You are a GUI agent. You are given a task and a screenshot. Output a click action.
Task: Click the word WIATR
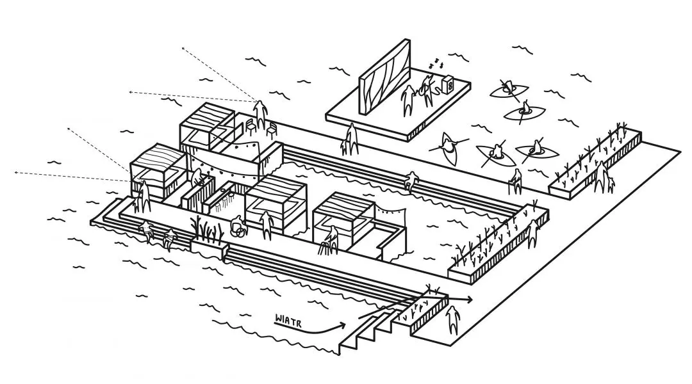click(288, 320)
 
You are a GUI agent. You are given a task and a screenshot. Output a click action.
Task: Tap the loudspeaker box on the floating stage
click(447, 84)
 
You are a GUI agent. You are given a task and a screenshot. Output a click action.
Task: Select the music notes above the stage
click(436, 63)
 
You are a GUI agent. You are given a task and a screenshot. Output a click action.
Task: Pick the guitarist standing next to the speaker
click(427, 90)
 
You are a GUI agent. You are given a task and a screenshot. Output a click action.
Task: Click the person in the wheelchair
click(238, 227)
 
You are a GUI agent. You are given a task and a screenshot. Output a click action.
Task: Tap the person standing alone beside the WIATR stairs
click(453, 321)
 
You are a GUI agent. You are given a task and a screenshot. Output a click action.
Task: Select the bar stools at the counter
click(224, 204)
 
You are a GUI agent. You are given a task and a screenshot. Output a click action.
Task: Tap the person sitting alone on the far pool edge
click(411, 180)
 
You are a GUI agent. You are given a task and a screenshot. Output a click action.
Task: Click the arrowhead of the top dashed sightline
click(183, 48)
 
